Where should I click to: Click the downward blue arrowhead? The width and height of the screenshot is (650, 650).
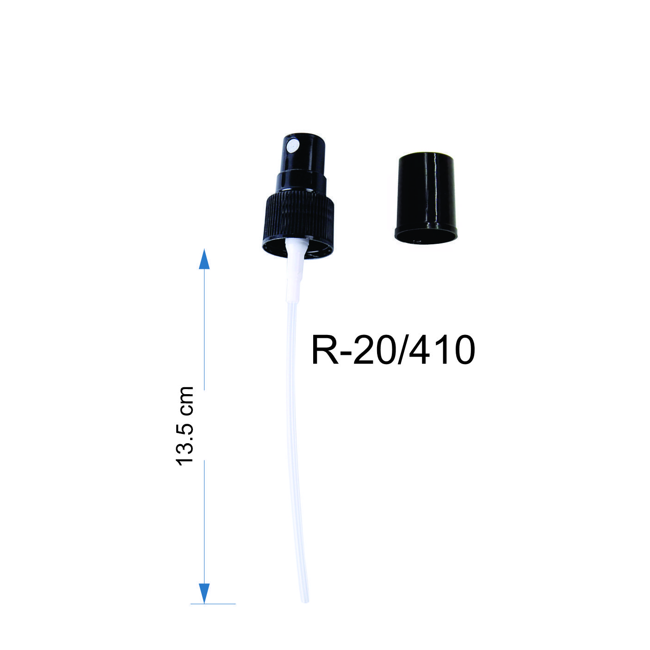[x=204, y=593]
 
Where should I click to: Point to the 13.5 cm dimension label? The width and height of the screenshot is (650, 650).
[x=186, y=425]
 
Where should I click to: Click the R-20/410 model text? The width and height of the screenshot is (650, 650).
[x=393, y=350]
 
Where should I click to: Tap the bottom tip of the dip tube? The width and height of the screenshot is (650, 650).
[x=305, y=600]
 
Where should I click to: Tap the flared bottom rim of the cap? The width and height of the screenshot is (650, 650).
[x=426, y=235]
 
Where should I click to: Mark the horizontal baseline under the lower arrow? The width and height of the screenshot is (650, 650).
[x=213, y=604]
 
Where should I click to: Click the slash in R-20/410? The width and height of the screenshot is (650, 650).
[x=403, y=350]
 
